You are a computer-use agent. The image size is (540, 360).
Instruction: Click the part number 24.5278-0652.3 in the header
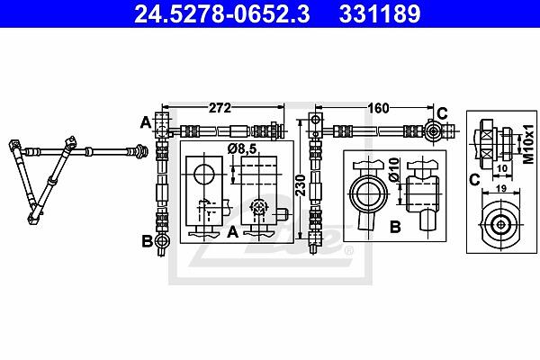(221, 13)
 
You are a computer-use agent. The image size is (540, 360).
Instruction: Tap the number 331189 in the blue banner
(380, 13)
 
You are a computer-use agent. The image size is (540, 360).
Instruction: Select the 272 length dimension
(220, 108)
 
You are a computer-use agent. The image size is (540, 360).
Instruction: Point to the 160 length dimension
(378, 108)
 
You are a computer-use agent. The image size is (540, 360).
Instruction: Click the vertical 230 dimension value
(301, 185)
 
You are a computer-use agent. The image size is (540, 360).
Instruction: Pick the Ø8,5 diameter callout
(242, 148)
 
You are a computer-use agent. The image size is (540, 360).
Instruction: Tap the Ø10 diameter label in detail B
(394, 170)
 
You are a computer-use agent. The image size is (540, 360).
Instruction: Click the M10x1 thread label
(528, 144)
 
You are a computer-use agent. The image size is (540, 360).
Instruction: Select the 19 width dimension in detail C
(502, 188)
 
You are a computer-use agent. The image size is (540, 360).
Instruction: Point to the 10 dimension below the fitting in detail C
(503, 168)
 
